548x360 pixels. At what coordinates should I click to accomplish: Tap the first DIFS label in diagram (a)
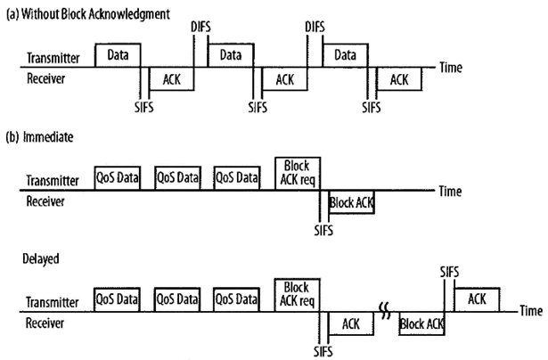pos(201,29)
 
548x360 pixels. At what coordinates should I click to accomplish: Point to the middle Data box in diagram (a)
pos(226,55)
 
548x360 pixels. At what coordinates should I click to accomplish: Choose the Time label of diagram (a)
pos(452,67)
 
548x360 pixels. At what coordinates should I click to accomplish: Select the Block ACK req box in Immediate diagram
pos(298,172)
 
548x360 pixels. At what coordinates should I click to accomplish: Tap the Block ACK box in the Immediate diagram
pos(352,202)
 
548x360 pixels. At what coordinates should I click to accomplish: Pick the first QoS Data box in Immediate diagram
pos(121,177)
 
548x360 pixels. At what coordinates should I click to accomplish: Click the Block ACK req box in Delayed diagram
pos(298,293)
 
